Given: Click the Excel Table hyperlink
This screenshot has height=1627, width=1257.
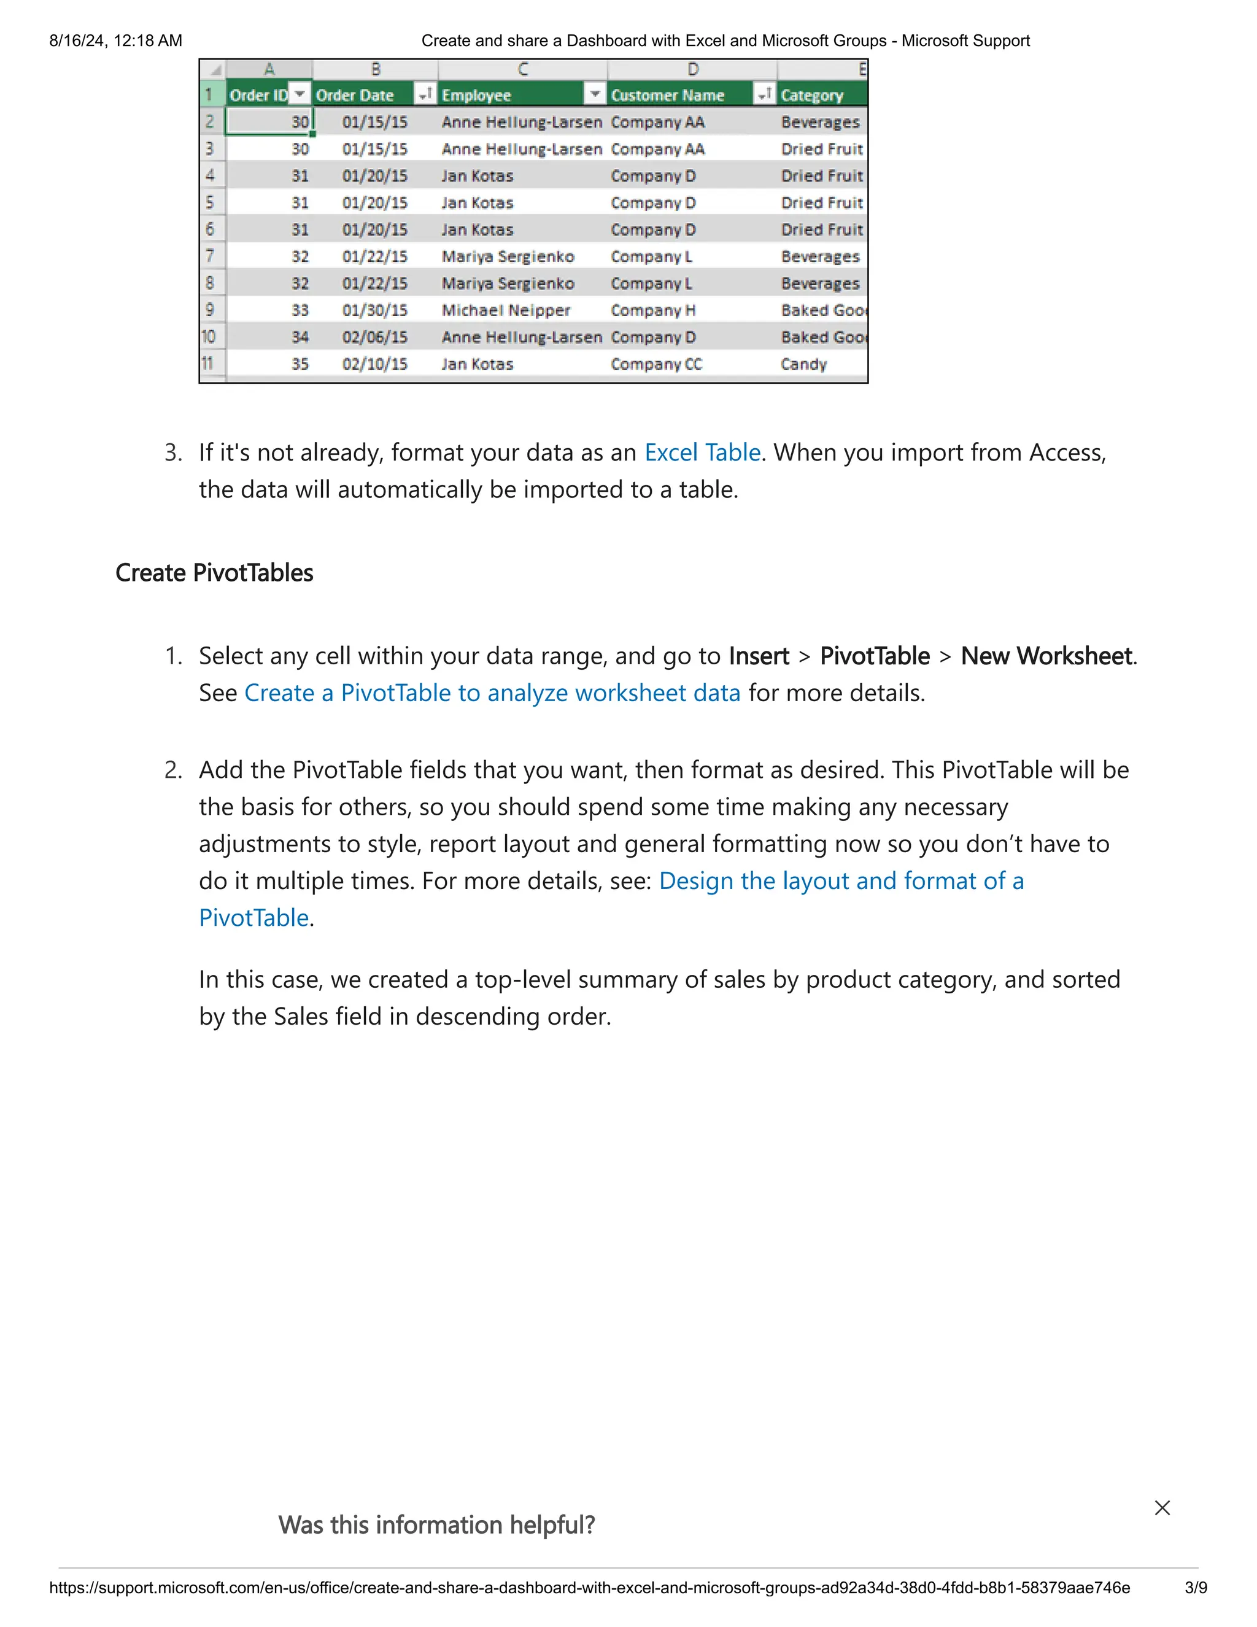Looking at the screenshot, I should (702, 453).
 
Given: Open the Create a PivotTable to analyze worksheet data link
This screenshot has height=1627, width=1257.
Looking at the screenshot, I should (492, 694).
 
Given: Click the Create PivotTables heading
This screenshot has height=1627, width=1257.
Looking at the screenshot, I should (214, 573).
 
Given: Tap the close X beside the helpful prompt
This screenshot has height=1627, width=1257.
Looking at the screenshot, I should (1162, 1508).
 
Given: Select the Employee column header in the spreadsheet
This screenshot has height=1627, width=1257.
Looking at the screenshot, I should (476, 95).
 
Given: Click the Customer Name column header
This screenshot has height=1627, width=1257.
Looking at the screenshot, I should (667, 95).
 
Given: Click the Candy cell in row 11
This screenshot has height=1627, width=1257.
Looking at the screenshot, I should (803, 364).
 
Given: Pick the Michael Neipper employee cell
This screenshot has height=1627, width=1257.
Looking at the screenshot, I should (506, 311).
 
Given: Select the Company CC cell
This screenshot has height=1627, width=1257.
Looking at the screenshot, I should (656, 364).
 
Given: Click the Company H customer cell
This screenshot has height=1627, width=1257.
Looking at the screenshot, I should (652, 311).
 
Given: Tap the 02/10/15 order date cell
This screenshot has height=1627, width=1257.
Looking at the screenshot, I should (374, 364).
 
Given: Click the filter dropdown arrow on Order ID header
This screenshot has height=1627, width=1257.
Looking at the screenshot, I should (300, 94).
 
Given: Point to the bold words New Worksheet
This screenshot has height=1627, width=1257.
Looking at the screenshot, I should (1046, 656).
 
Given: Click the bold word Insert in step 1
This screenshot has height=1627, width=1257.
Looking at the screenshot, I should (758, 656).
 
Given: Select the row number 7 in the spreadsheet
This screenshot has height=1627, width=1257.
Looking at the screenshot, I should (211, 256).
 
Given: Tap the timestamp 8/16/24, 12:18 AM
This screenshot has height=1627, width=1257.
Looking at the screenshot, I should (115, 41).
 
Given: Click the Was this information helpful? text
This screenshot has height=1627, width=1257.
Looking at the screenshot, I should (436, 1525).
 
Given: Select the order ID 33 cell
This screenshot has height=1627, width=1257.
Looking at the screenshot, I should (300, 311).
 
